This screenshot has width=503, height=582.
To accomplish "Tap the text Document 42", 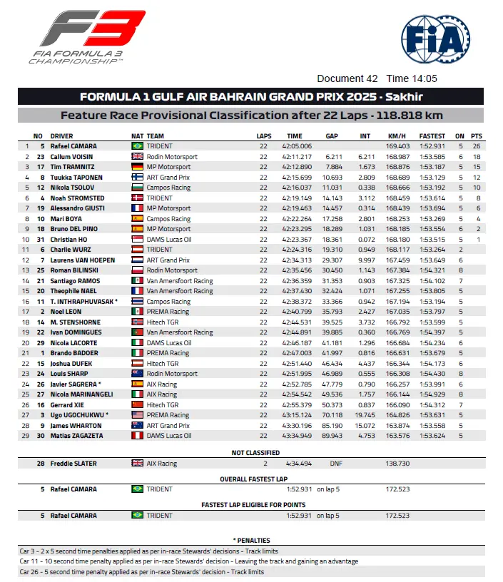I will coord(347,79).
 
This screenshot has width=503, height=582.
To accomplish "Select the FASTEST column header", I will coord(432,136).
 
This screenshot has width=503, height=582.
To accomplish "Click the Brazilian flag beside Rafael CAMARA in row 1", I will coord(138,145).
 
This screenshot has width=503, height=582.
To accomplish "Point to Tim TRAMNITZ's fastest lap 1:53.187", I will coord(432,166).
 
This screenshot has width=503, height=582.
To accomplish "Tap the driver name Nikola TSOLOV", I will coord(73,187).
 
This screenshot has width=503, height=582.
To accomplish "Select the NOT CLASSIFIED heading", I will coord(251,453).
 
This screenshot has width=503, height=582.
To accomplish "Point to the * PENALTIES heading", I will coord(251,541).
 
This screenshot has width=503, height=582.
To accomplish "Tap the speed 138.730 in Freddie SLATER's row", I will coord(397,464).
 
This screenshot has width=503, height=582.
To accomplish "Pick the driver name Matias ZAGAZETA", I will coord(76,436).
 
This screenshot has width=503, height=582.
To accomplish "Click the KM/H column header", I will coord(397,136).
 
